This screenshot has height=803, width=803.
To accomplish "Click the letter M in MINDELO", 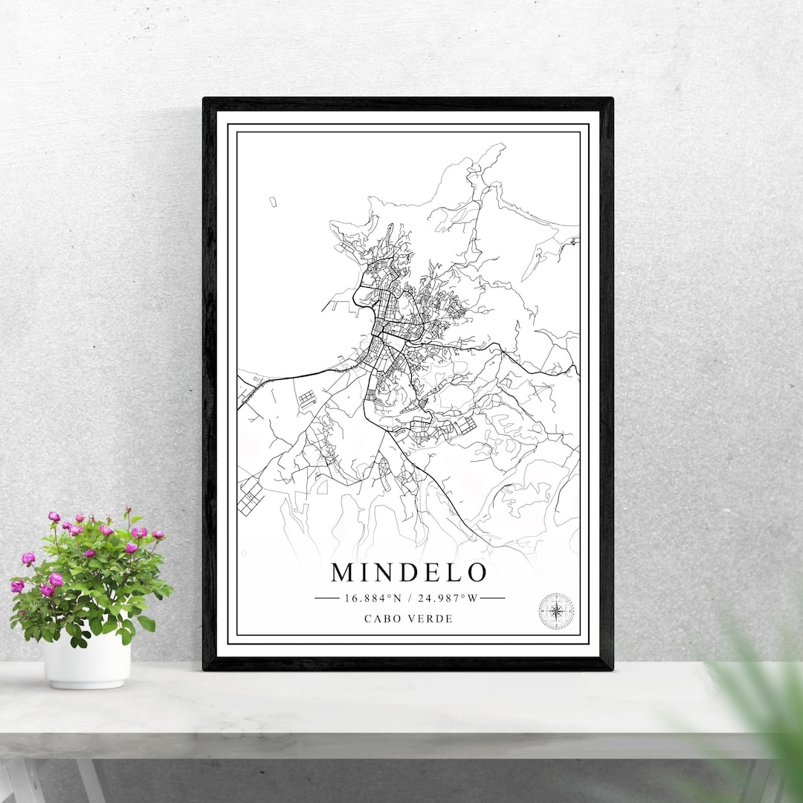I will [343, 573].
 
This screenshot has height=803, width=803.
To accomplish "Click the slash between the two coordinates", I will [410, 598].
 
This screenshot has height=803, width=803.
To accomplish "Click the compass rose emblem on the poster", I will [556, 611].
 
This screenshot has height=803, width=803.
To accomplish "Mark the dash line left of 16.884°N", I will [327, 598].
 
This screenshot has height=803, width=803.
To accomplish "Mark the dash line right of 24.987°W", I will [493, 598].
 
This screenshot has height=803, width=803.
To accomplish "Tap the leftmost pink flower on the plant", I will [17, 586].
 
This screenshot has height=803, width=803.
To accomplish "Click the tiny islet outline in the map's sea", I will [273, 201].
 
